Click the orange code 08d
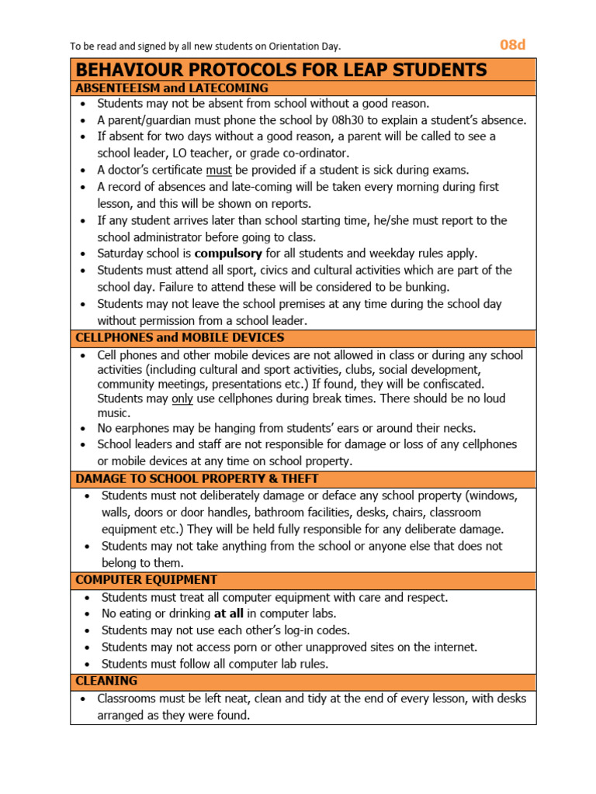pyautogui.click(x=512, y=44)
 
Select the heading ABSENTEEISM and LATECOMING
pyautogui.click(x=172, y=88)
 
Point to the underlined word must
pyautogui.click(x=219, y=170)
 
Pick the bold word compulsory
pyautogui.click(x=228, y=254)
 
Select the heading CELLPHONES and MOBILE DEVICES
pyautogui.click(x=179, y=338)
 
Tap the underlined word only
pyautogui.click(x=182, y=399)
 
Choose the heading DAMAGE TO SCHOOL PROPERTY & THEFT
pyautogui.click(x=196, y=479)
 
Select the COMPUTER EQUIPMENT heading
pyautogui.click(x=146, y=580)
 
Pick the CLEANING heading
pyautogui.click(x=106, y=681)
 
